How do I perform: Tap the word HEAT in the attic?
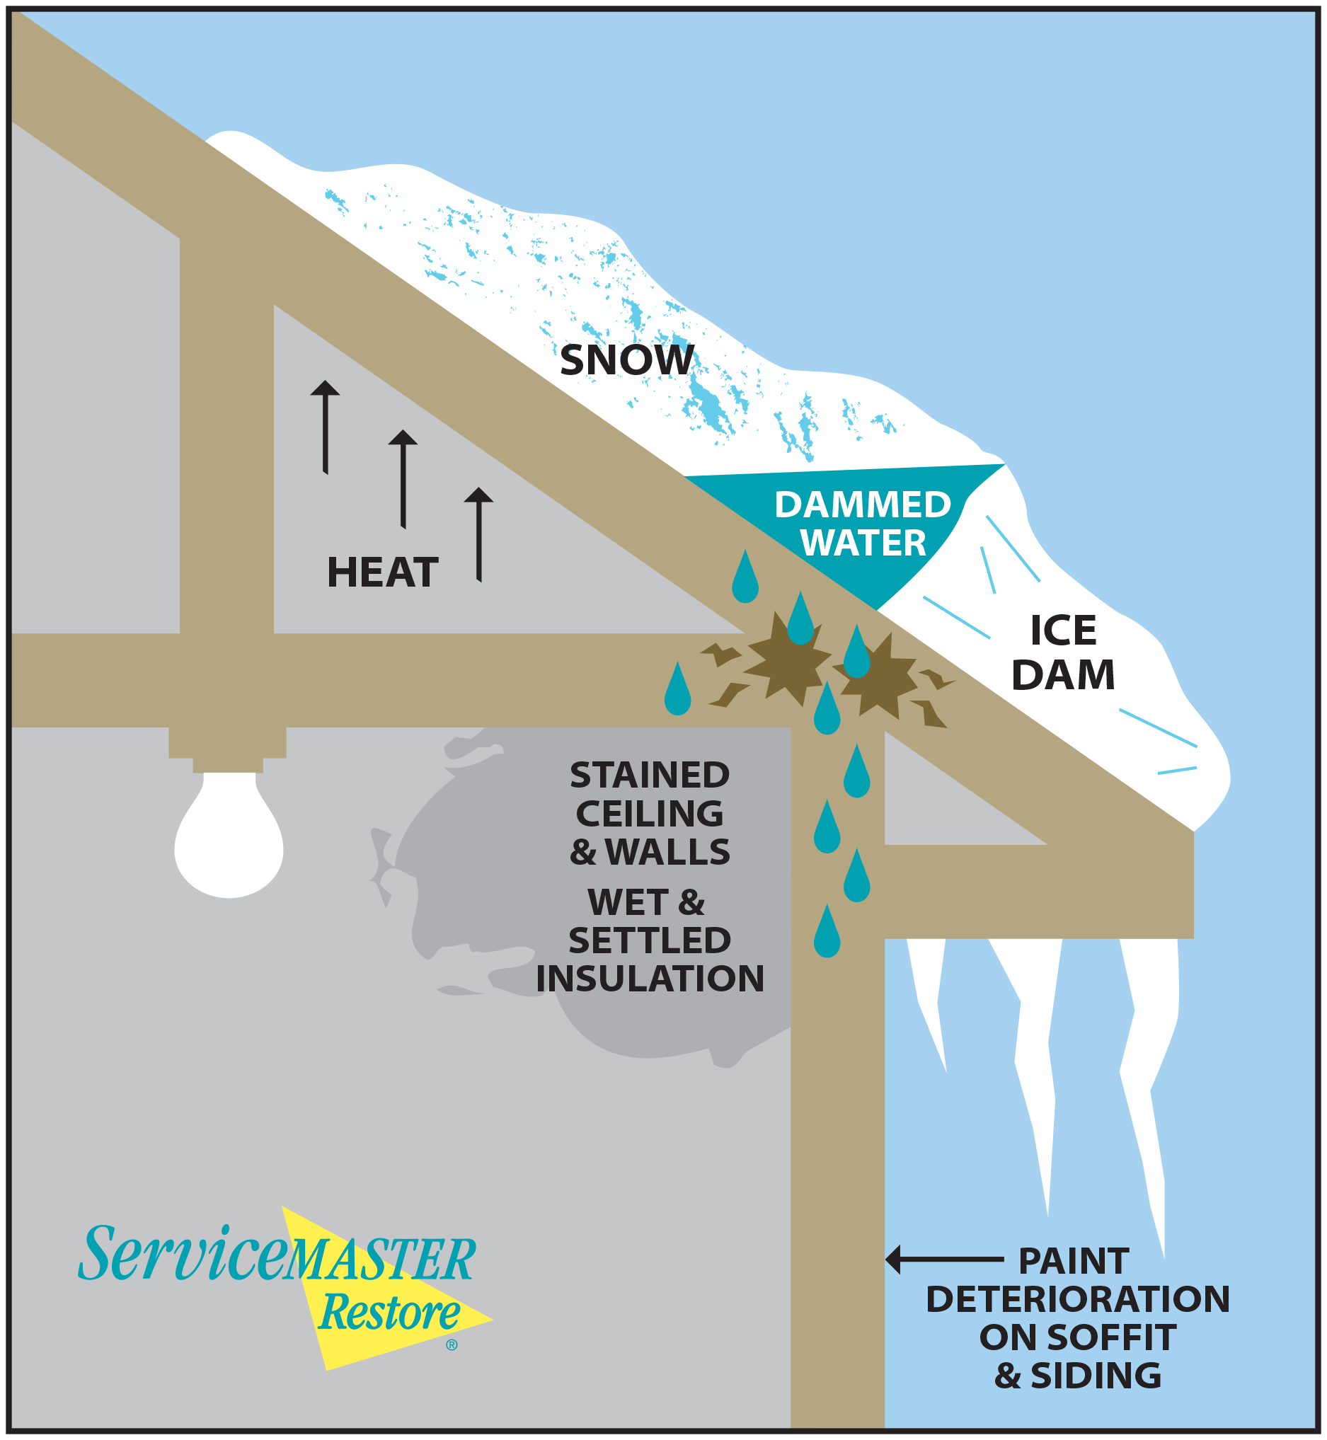coord(382,572)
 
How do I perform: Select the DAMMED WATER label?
coord(863,524)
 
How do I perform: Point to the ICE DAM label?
coord(1063,652)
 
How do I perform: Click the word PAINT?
coord(1074,1261)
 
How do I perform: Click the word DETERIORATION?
coord(1078,1299)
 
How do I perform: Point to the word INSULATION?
coord(650,979)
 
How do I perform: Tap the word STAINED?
coord(650,776)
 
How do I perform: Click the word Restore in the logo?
coord(389,1313)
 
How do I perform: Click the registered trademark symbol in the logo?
coord(452,1344)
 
